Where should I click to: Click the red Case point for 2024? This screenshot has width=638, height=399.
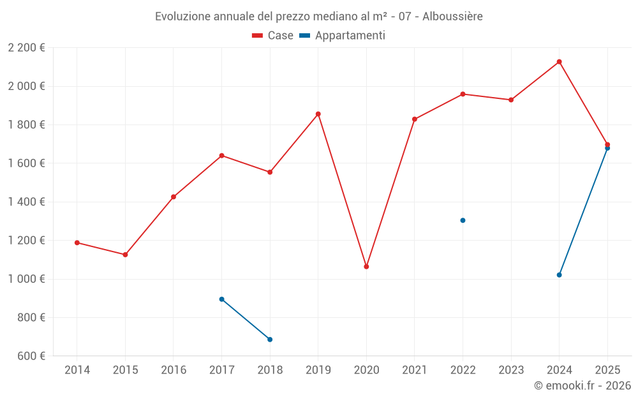[560, 62]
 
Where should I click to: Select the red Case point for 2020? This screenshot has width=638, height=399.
[366, 266]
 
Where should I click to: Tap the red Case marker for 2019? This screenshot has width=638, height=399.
[318, 114]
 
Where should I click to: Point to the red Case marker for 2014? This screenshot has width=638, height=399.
[77, 243]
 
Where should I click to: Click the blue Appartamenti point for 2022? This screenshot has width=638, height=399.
[463, 220]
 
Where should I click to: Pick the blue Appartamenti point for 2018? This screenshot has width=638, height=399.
[270, 340]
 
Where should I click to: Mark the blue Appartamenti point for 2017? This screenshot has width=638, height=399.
[221, 299]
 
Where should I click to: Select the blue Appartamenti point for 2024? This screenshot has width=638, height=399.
[560, 275]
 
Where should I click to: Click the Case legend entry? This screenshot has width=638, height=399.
[273, 36]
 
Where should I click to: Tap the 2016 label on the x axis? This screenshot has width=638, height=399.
[174, 370]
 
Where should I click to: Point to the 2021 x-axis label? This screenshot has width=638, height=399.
[415, 370]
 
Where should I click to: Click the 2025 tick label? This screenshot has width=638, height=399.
[607, 370]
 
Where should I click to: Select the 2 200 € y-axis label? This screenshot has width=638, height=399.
[26, 48]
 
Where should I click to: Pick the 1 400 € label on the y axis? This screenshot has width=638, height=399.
[26, 202]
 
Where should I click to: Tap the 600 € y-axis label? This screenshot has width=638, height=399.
[30, 356]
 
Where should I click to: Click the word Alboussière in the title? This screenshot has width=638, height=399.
[451, 16]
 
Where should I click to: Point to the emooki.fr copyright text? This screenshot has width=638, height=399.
[582, 386]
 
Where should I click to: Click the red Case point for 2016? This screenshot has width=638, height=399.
[174, 197]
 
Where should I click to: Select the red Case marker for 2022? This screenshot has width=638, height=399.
[463, 94]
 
